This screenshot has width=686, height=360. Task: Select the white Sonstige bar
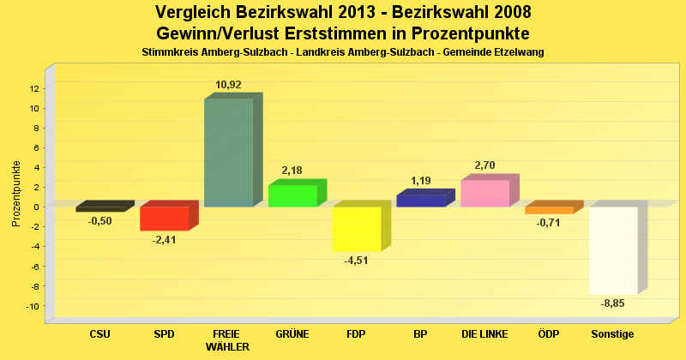pos(612,250)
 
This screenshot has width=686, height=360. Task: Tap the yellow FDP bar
pos(356,229)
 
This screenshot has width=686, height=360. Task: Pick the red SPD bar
pos(164,219)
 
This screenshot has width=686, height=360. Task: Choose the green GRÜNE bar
pos(292,195)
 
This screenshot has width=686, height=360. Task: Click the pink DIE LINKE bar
pos(484,194)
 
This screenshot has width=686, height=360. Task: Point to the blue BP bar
pos(420,201)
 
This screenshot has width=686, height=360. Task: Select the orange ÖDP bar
pos(549,210)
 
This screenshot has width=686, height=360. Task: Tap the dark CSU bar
pos(99,209)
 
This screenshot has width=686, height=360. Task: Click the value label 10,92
pos(228,85)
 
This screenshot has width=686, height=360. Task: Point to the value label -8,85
pos(612,303)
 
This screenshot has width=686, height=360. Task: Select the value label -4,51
pos(356,261)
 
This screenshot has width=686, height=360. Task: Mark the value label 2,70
pos(484,165)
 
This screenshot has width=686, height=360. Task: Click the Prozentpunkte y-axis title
pos(16,194)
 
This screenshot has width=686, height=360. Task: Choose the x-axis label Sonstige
pos(612,333)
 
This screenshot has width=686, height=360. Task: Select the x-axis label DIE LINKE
pos(484,333)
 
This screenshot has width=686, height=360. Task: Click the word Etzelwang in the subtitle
pos(518,52)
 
